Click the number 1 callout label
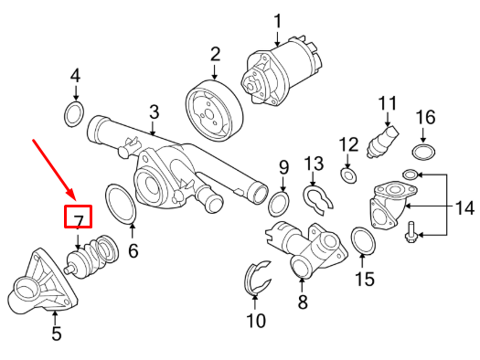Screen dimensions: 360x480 coord(278,19)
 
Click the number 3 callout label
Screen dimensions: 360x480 coord(154,111)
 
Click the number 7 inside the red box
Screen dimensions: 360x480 coord(79,219)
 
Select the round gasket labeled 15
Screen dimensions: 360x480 coord(364,241)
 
